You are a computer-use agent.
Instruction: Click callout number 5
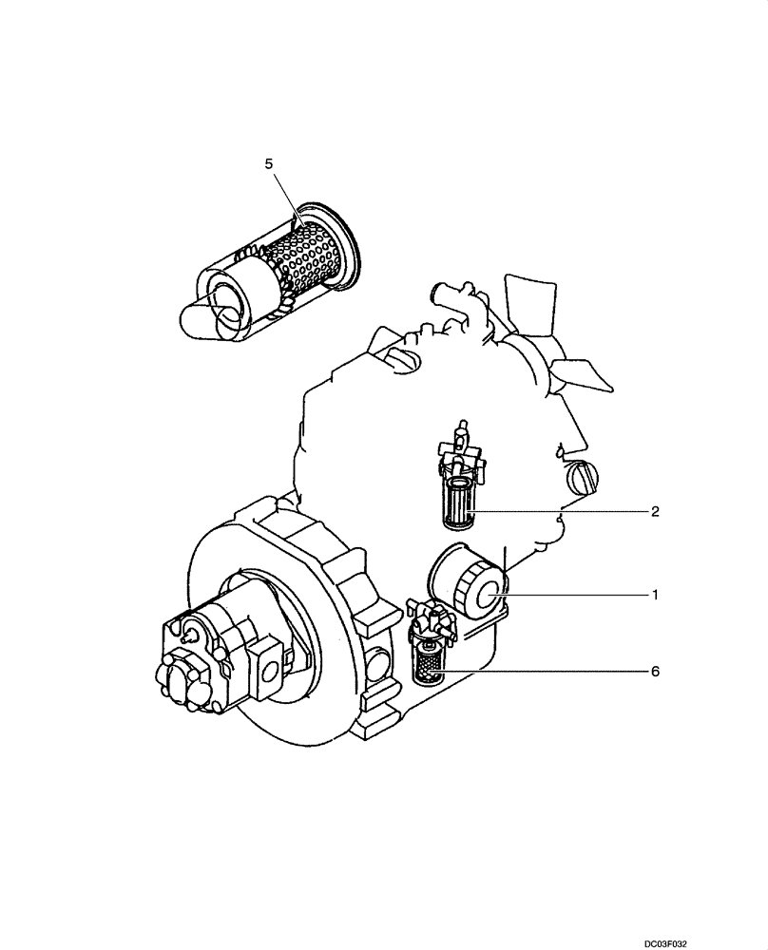(269, 164)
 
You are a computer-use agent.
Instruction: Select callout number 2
(655, 511)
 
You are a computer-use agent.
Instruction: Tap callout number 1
(655, 595)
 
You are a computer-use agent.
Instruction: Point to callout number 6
(655, 671)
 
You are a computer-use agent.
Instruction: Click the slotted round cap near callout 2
(581, 477)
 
